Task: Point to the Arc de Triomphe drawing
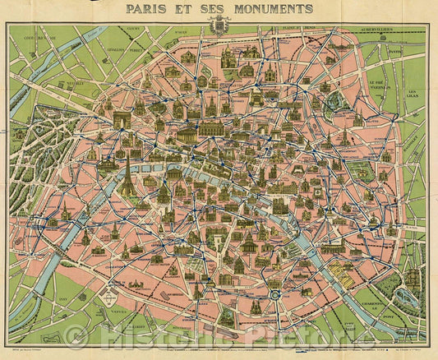[122, 121]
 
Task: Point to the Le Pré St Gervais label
[378, 84]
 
